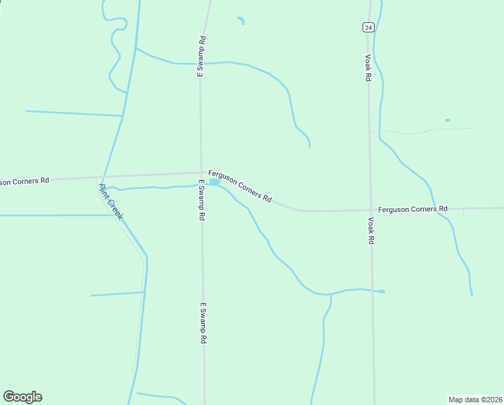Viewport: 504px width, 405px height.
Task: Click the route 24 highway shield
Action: pos(367,27)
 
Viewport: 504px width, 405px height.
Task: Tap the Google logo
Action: pos(22,397)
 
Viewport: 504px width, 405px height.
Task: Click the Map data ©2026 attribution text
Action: pos(474,399)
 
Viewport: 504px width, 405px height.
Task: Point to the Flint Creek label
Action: pos(111,201)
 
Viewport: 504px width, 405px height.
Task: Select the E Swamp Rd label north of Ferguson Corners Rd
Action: pos(201,57)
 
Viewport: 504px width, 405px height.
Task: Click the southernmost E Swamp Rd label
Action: pos(202,323)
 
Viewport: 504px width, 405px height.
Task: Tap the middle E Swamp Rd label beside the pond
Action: pos(201,200)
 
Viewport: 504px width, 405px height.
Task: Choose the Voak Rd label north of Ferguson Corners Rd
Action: pos(368,68)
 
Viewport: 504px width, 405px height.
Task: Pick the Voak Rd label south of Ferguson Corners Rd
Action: pos(371,230)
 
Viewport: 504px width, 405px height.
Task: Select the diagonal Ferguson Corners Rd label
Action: pos(240,186)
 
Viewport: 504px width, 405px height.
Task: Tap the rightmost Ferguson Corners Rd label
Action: pos(412,209)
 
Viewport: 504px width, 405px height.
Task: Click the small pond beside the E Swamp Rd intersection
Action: pos(215,182)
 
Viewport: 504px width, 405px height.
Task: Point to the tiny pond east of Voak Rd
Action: pos(447,120)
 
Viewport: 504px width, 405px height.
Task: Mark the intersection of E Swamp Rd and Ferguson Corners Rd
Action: pos(201,173)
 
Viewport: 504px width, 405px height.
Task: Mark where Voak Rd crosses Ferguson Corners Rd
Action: pos(370,210)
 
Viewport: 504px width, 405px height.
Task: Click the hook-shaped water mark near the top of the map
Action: pos(241,20)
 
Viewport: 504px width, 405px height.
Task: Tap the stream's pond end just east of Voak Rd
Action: pos(381,292)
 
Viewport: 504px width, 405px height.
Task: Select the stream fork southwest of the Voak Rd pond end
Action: pos(330,295)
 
